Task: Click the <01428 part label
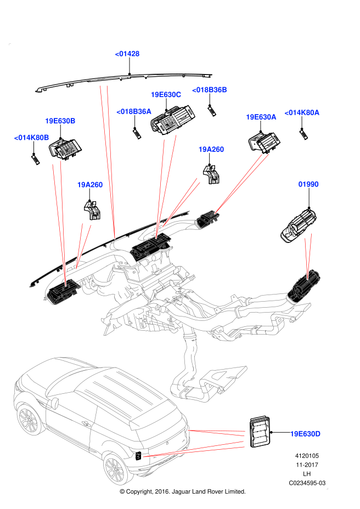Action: click(x=127, y=54)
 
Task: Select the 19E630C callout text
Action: click(x=166, y=94)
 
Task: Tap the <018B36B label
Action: click(x=209, y=90)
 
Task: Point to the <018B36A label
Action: click(x=133, y=111)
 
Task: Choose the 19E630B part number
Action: click(x=60, y=121)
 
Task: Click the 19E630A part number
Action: click(x=261, y=117)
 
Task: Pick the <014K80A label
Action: click(x=302, y=112)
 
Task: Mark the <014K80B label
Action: click(x=31, y=137)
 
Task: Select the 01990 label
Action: click(x=308, y=184)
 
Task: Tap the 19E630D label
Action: click(x=305, y=434)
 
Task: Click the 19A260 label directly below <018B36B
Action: click(x=211, y=149)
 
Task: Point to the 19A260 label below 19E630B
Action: click(x=90, y=185)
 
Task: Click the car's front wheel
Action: click(x=28, y=420)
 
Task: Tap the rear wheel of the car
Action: click(x=115, y=469)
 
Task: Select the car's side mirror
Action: click(x=54, y=404)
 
